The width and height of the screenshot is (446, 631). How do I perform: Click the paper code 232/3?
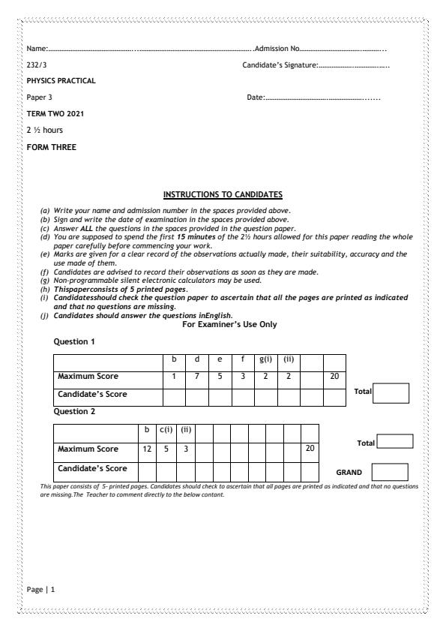tap(33, 65)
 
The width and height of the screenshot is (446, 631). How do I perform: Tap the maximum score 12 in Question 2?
tap(146, 448)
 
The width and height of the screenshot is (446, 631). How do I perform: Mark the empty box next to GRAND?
tap(389, 473)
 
